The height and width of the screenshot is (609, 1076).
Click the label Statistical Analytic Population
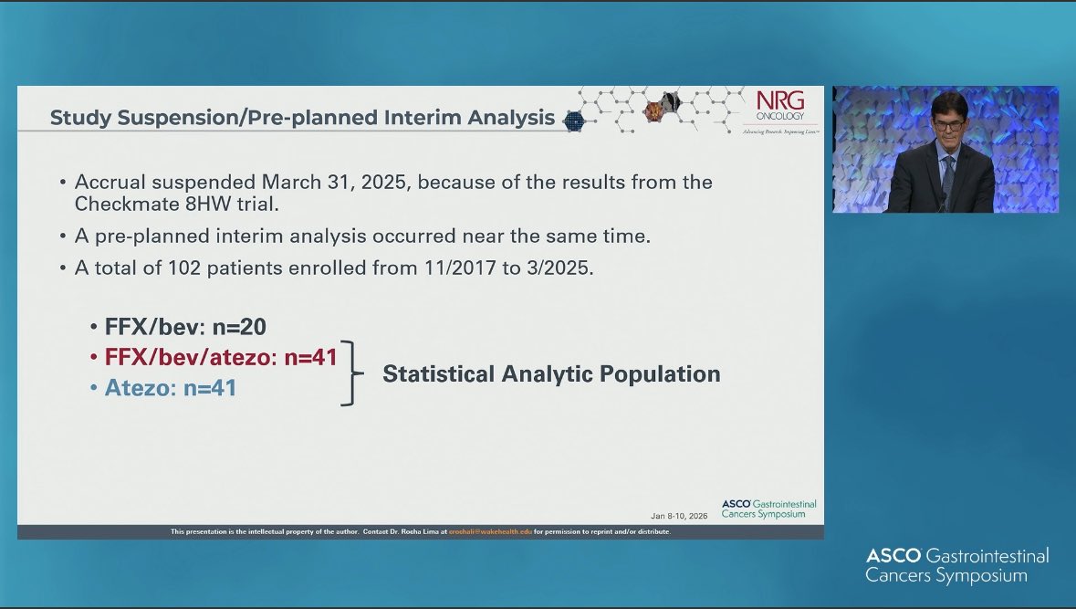[x=551, y=373]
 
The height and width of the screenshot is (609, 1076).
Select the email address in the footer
[x=483, y=531]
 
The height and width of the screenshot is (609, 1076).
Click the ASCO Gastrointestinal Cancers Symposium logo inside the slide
[x=768, y=509]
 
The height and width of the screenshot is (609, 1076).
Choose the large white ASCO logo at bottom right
[x=956, y=565]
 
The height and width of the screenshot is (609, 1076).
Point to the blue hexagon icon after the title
[x=573, y=121]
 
